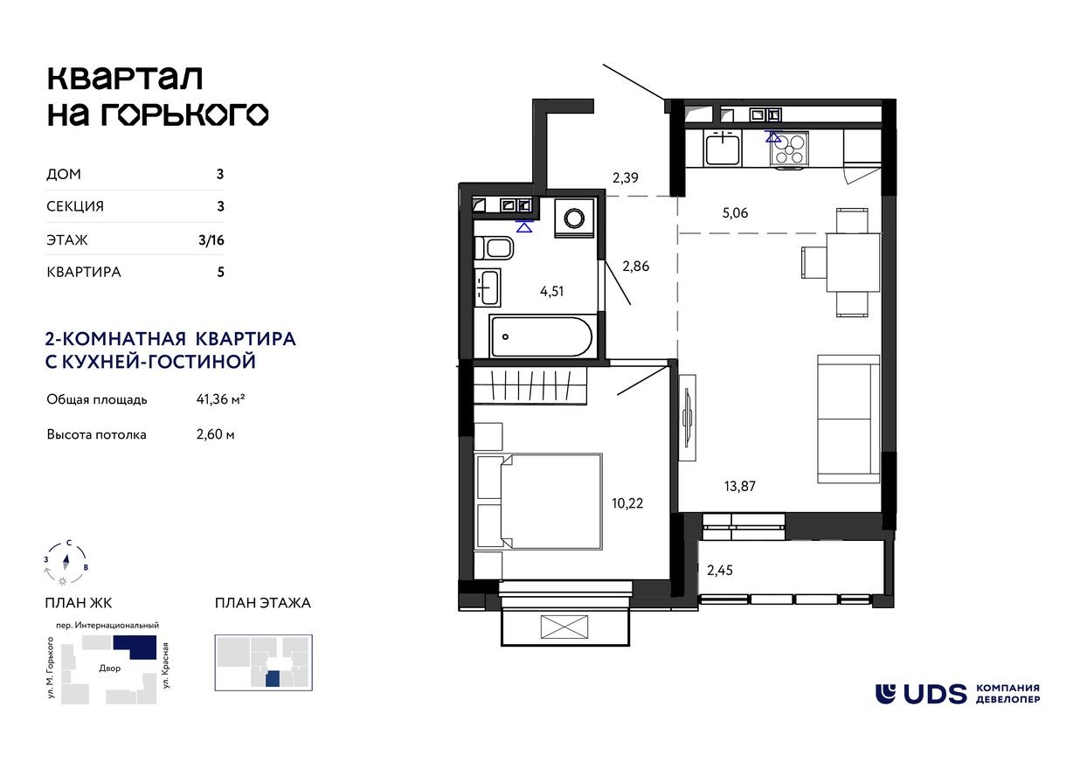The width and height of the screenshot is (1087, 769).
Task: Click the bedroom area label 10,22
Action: (628, 503)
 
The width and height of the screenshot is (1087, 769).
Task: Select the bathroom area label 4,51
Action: (551, 292)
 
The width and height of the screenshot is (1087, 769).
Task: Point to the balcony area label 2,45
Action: (719, 571)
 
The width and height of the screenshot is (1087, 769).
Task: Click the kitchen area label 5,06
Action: (735, 212)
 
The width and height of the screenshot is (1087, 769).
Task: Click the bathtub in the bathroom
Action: (541, 336)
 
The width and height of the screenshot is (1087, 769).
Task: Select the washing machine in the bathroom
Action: (575, 217)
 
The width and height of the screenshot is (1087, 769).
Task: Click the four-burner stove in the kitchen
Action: (788, 149)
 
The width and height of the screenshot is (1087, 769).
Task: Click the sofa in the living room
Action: (848, 419)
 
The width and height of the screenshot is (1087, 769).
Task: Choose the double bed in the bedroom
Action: (539, 502)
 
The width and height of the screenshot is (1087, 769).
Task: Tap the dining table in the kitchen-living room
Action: (852, 262)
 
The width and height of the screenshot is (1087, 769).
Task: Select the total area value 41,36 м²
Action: (220, 400)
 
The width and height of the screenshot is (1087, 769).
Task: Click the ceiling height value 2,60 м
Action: (215, 434)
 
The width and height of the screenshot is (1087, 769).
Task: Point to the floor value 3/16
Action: (211, 239)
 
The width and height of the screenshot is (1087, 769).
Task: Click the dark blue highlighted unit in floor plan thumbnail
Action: (273, 679)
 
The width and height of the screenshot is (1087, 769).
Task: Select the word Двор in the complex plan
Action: (110, 668)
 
